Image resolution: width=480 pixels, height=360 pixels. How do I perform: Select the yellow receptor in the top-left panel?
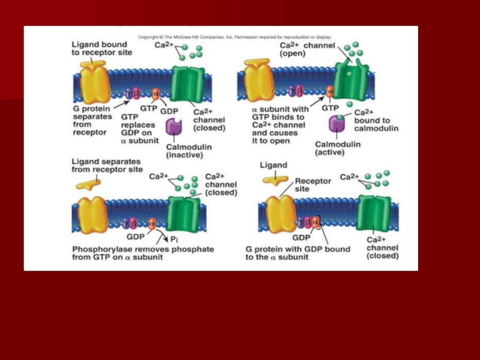coord(95,84)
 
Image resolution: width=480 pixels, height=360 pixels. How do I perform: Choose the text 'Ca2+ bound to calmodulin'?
coord(372,120)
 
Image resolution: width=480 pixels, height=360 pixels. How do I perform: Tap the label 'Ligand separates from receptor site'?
coord(107,166)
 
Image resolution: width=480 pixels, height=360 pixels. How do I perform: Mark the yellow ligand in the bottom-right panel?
coord(277,178)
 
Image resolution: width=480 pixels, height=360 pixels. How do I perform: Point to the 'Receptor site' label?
coord(310,184)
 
